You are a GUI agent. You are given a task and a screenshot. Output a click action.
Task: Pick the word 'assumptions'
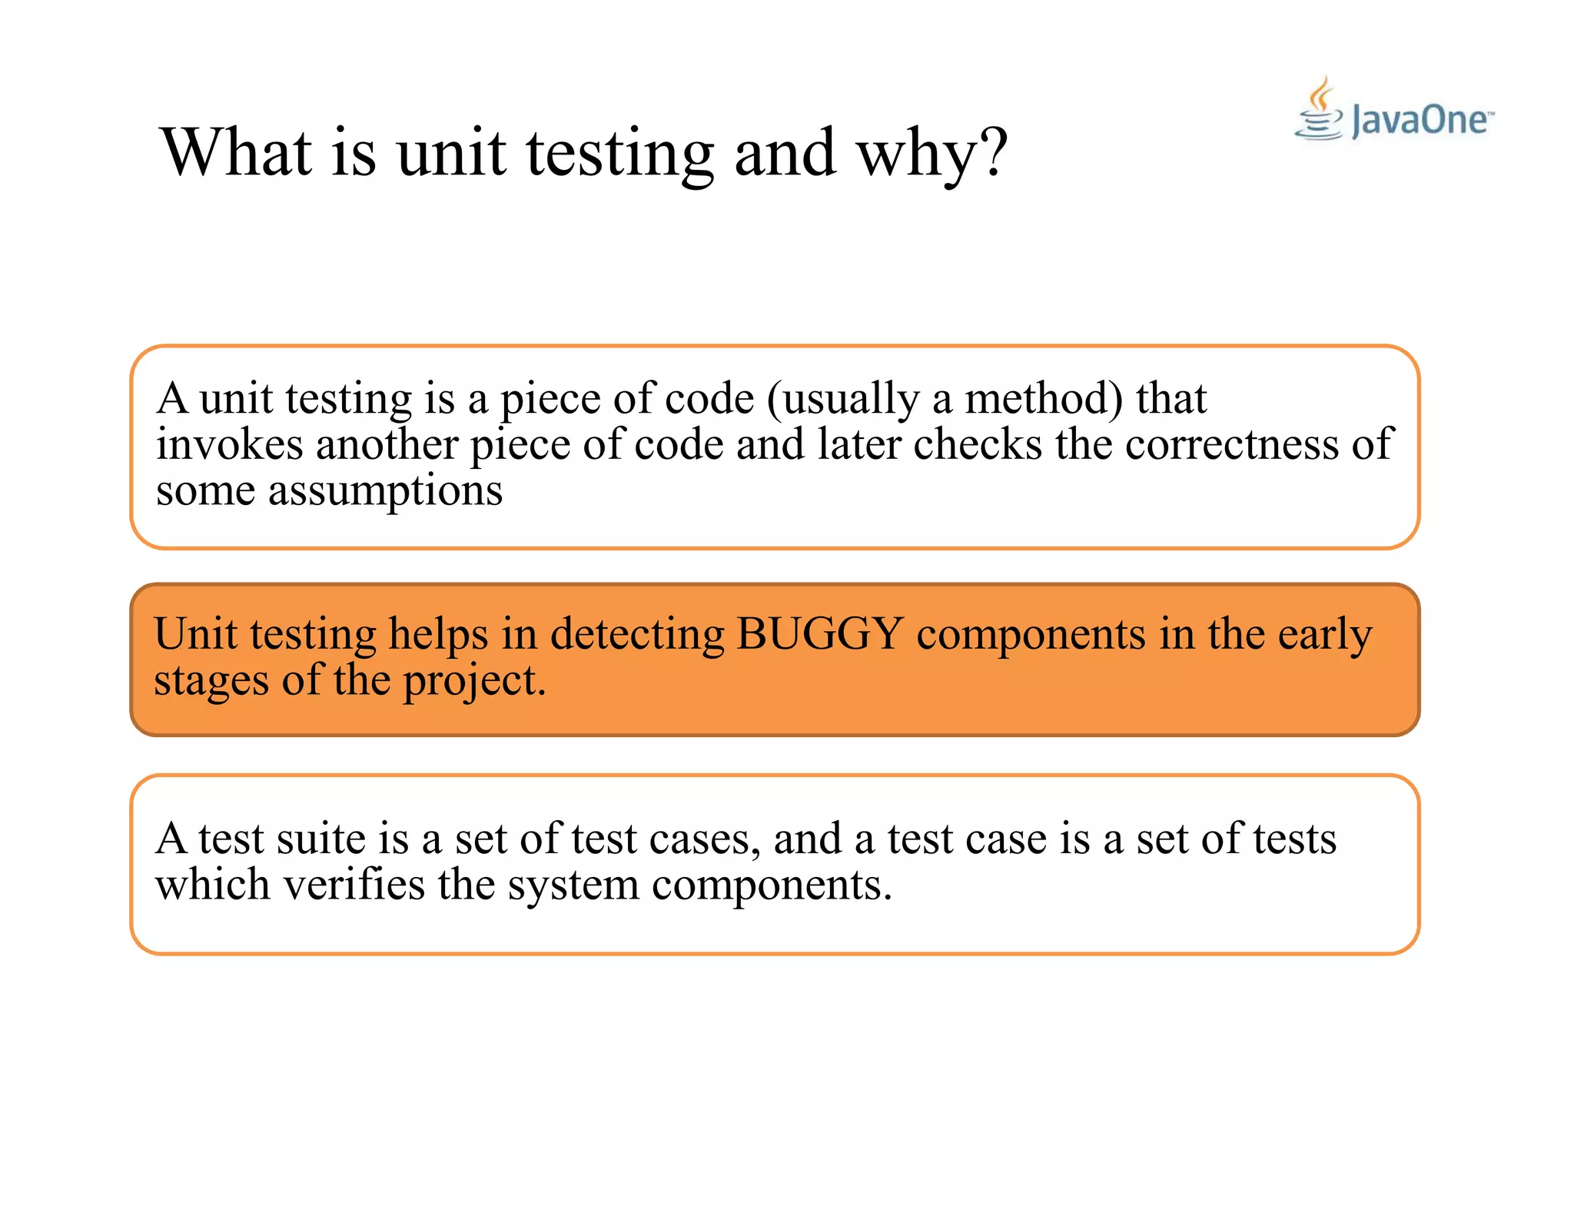[385, 492]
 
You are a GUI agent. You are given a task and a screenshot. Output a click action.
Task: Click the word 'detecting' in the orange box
[637, 635]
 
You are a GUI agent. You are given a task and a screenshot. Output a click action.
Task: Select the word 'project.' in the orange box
[474, 681]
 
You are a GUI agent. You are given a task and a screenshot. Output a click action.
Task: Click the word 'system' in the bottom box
[573, 886]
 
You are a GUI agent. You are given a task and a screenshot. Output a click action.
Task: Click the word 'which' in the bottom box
[213, 885]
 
